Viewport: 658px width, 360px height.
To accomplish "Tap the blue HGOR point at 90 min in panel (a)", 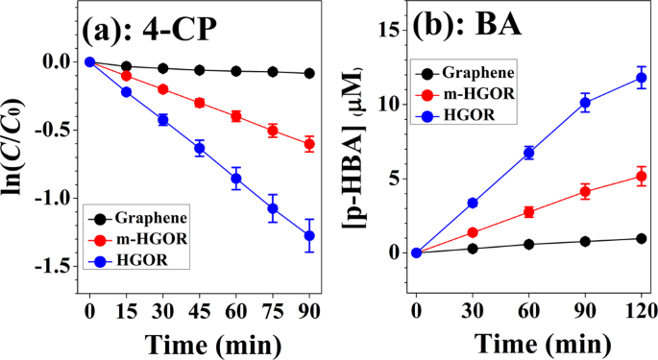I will (x=309, y=235).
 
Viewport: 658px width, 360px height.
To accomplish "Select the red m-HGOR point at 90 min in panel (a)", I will (x=309, y=144).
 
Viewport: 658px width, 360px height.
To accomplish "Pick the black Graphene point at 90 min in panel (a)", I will (x=309, y=73).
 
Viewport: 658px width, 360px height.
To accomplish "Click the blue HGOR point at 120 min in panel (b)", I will (x=642, y=78).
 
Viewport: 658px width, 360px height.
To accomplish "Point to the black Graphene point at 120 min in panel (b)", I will (x=642, y=238).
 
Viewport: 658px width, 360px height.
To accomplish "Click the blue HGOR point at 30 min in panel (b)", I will (x=472, y=203).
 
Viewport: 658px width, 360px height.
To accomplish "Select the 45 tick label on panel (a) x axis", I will (x=199, y=311).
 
